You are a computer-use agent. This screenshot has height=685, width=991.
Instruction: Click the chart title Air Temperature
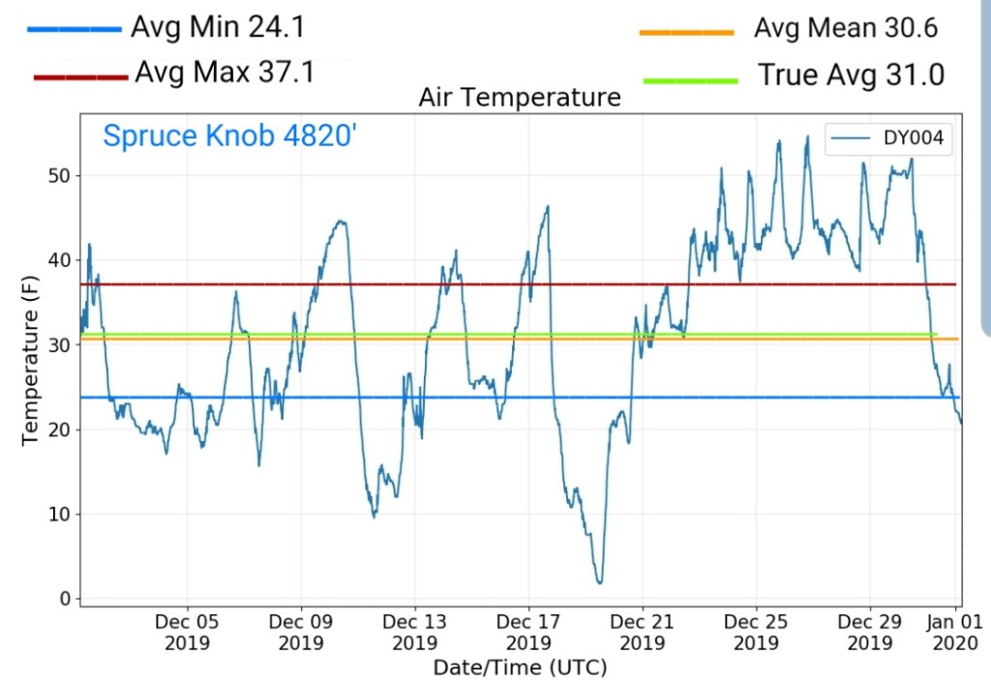(519, 98)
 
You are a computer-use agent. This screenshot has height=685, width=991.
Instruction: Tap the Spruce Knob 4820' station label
(230, 135)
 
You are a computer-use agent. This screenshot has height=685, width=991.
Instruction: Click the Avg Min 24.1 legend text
(218, 27)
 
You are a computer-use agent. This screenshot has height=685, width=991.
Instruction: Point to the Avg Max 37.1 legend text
(225, 72)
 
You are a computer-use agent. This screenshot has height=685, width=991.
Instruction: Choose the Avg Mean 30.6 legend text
(845, 28)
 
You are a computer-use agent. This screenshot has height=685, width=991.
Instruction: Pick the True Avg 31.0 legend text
(851, 74)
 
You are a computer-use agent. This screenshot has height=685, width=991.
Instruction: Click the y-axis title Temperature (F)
(30, 361)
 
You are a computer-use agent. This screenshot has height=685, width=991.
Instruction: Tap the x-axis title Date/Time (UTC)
(519, 668)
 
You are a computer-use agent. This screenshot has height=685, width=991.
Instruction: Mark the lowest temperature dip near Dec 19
(600, 582)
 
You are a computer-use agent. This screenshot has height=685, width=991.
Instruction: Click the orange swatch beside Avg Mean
(686, 33)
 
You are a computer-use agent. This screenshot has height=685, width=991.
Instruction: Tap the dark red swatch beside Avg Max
(80, 76)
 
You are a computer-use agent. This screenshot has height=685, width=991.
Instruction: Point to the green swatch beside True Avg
(686, 78)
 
